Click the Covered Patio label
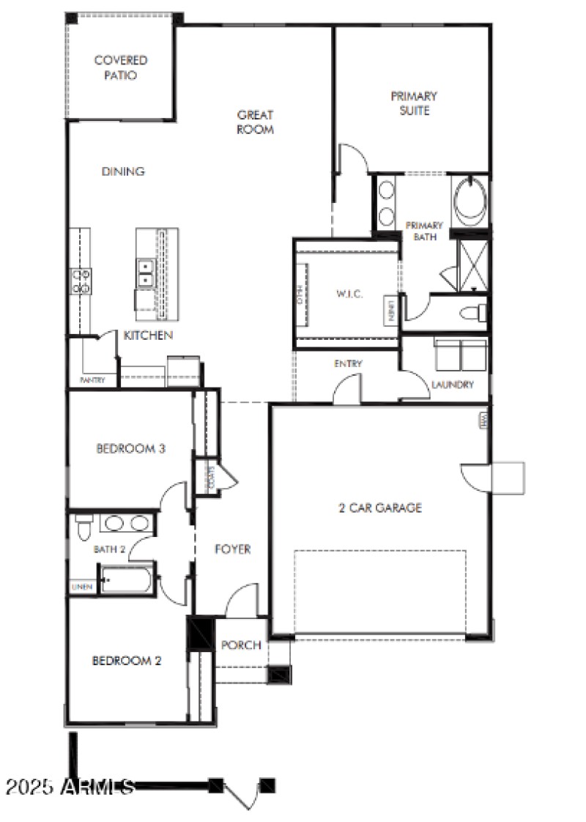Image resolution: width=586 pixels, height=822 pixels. pyautogui.click(x=121, y=67)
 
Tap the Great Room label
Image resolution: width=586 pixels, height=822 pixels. pyautogui.click(x=255, y=122)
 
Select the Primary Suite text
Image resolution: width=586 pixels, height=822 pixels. pyautogui.click(x=414, y=103)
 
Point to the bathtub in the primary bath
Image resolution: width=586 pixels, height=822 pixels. pyautogui.click(x=469, y=200)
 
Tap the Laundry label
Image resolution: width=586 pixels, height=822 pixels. pyautogui.click(x=452, y=385)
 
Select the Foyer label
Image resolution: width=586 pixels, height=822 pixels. pyautogui.click(x=233, y=549)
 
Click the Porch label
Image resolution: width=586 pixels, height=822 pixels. pyautogui.click(x=241, y=645)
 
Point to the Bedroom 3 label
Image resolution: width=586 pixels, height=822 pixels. pyautogui.click(x=130, y=448)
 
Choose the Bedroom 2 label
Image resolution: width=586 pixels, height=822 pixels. pyautogui.click(x=126, y=660)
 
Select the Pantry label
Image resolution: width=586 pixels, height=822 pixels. pyautogui.click(x=92, y=380)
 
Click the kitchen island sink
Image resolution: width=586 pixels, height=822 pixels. pyautogui.click(x=144, y=273)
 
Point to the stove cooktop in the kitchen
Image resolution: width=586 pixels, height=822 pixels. pyautogui.click(x=81, y=281)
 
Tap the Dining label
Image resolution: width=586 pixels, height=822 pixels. pyautogui.click(x=122, y=171)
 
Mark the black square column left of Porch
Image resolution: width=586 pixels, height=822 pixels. pyautogui.click(x=199, y=634)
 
